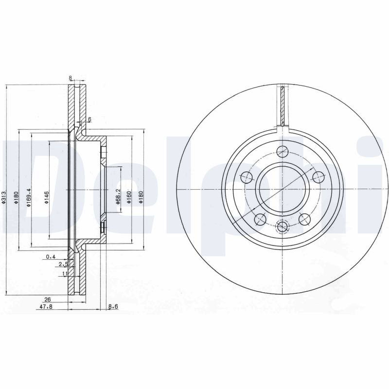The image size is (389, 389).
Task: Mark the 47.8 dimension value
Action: point(46,307)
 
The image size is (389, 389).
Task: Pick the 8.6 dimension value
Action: point(113,307)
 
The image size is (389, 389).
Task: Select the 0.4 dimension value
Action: point(51,257)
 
